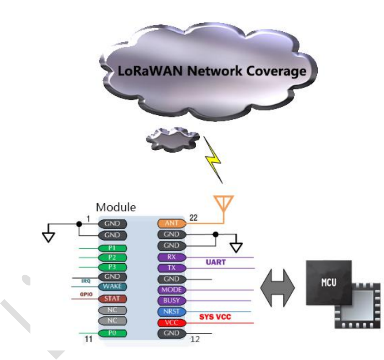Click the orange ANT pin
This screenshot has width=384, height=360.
(x=172, y=223)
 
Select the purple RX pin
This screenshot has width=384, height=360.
(x=172, y=257)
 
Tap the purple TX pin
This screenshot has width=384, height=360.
(x=172, y=268)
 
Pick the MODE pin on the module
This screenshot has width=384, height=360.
(x=172, y=290)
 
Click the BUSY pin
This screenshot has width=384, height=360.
(x=172, y=301)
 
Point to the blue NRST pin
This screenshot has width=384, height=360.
(x=172, y=312)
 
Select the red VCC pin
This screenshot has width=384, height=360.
(x=172, y=323)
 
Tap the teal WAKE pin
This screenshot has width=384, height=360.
(x=112, y=286)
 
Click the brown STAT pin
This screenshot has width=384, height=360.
(x=112, y=299)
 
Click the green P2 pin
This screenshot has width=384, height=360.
(x=112, y=257)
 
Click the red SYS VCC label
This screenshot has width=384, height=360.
(x=216, y=317)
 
